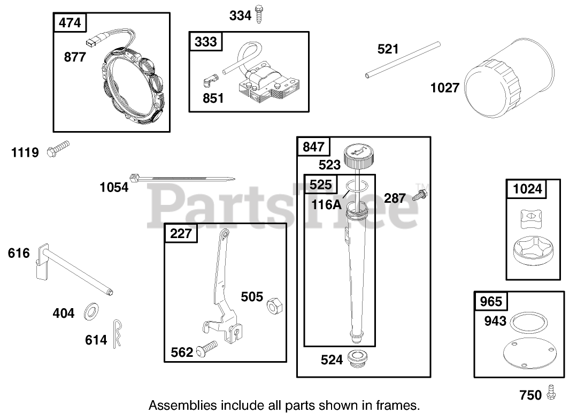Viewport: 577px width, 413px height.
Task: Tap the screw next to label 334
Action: click(x=259, y=14)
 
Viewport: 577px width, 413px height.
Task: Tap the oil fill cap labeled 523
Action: click(x=359, y=155)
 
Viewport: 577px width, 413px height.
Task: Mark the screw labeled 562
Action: click(x=206, y=348)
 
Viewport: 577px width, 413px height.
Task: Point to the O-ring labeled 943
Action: click(x=528, y=323)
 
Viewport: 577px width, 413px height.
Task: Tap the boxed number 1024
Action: click(x=527, y=189)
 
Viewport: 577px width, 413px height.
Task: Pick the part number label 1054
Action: click(x=114, y=187)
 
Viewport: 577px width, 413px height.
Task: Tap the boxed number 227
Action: click(x=181, y=233)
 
